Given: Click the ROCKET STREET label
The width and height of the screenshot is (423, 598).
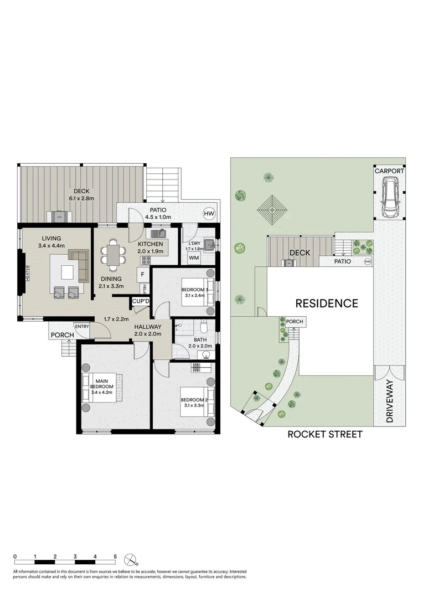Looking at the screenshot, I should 324,435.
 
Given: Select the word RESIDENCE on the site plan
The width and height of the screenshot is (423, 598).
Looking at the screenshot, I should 326,303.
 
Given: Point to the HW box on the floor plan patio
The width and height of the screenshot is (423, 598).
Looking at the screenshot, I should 208,213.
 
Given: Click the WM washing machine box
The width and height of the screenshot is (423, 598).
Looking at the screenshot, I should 194,257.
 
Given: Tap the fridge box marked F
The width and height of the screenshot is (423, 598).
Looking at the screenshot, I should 142,274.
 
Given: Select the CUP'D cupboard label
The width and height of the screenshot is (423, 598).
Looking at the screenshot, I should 141,301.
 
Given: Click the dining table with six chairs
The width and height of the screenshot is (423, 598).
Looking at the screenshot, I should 114,254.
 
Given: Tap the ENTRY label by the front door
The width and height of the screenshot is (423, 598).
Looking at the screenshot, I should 81,326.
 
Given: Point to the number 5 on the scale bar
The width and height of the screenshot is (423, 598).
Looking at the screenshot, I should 115,556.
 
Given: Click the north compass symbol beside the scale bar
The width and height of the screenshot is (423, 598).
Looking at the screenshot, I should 130,558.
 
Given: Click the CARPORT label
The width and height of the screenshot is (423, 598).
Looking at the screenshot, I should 389,171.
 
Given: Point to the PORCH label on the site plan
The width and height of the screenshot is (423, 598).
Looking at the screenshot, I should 294,322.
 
